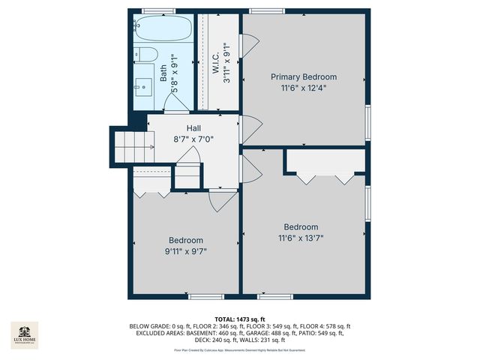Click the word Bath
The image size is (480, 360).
coord(163,73)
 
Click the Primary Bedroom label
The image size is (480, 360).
coord(304,76)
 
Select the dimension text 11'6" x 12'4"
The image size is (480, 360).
coord(304,88)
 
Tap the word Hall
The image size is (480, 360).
coord(193,128)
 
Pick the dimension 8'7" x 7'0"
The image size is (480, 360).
coord(193,139)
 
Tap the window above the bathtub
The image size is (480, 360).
coord(158,10)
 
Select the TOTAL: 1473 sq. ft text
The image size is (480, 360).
coord(239,319)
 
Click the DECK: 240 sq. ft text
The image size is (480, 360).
coord(217,340)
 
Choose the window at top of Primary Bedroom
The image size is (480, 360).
coord(260,10)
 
